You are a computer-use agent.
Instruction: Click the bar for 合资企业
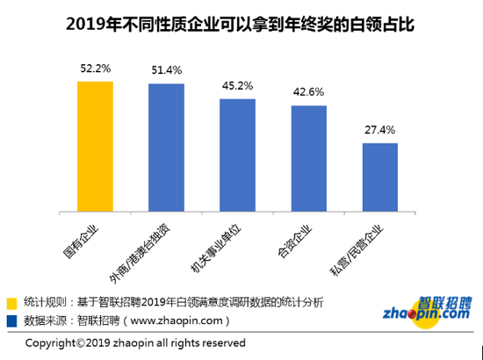(x=308, y=158)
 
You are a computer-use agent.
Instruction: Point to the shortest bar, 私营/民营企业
(x=379, y=177)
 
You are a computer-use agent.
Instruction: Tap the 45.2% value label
(x=237, y=86)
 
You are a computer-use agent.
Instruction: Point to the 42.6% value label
(x=308, y=92)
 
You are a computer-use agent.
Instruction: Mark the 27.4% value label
(x=379, y=130)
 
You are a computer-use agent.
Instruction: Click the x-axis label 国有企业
(x=88, y=239)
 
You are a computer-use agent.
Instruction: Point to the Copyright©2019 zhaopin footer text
(x=135, y=342)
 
